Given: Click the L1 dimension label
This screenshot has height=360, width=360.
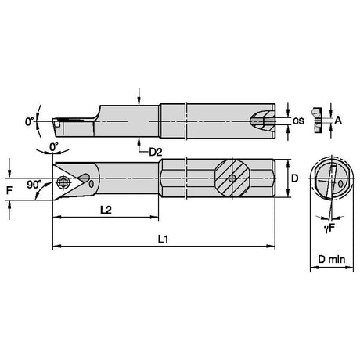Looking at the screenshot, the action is coord(164,239).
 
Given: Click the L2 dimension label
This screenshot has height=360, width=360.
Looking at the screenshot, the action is coord(106,210).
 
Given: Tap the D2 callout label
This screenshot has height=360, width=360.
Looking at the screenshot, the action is coord(156,152).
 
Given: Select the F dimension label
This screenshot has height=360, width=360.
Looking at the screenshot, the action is coord(9,190).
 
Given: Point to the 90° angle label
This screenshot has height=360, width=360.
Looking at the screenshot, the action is coord(34,185).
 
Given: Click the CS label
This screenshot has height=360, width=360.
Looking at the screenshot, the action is coord(298,121).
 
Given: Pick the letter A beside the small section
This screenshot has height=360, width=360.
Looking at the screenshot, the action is coord(338,121).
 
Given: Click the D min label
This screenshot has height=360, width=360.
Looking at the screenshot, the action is coord(331,259).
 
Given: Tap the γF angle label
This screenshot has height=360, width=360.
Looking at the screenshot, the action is coord(329,229).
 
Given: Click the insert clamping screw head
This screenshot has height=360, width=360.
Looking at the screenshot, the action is coord(63,181).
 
